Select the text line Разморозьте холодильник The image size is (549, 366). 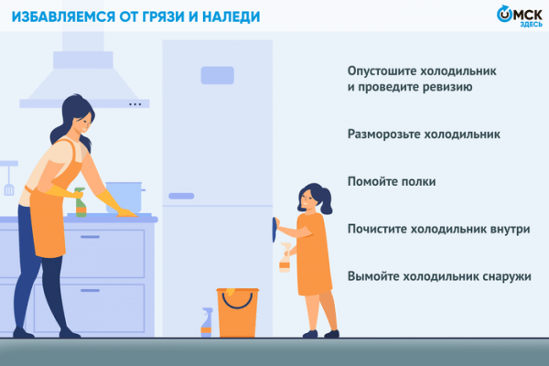pyautogui.click(x=424, y=135)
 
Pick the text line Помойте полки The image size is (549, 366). pyautogui.click(x=391, y=182)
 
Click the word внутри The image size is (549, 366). pyautogui.click(x=510, y=229)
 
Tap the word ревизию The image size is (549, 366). pyautogui.click(x=444, y=88)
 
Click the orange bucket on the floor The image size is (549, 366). pyautogui.click(x=237, y=312)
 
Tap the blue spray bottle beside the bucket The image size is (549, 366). pyautogui.click(x=207, y=323)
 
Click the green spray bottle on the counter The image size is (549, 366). pyautogui.click(x=81, y=202)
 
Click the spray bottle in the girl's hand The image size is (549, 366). pyautogui.click(x=284, y=258)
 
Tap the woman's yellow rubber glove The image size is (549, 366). pyautogui.click(x=118, y=200)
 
